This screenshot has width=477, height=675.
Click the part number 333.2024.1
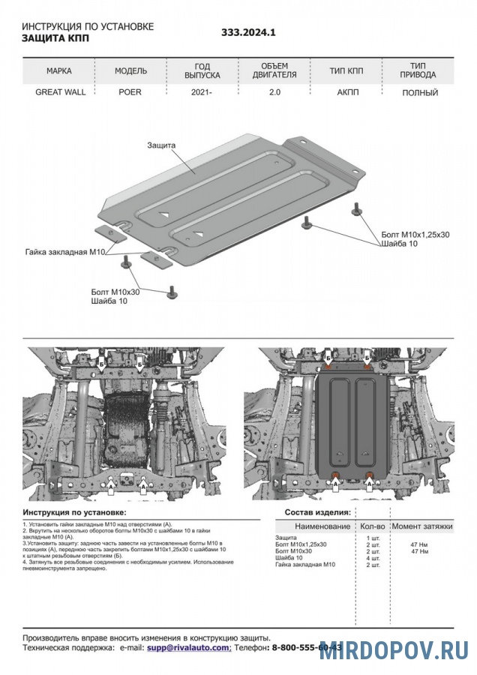click(x=249, y=33)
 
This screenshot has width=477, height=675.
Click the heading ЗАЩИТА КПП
click(x=55, y=37)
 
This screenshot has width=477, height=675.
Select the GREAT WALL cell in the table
click(x=61, y=92)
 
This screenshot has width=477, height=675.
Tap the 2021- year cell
click(x=202, y=92)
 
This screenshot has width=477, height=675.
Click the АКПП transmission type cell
click(x=346, y=92)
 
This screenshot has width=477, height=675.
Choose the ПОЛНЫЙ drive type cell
click(x=419, y=92)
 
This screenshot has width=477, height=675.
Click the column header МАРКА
click(x=59, y=71)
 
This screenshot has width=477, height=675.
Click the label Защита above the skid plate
click(x=161, y=145)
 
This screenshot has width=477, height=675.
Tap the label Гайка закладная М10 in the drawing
click(x=64, y=252)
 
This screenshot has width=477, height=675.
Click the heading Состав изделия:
click(x=317, y=511)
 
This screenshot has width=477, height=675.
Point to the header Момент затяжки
click(x=422, y=527)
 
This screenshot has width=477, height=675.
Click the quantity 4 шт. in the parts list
click(x=373, y=558)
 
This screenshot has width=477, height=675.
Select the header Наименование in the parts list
click(x=322, y=527)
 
